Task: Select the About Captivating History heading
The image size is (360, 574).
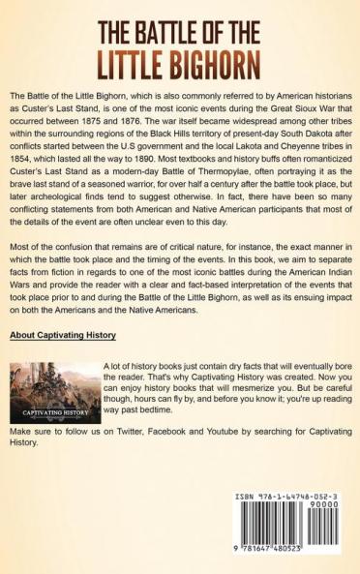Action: [63, 336]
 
